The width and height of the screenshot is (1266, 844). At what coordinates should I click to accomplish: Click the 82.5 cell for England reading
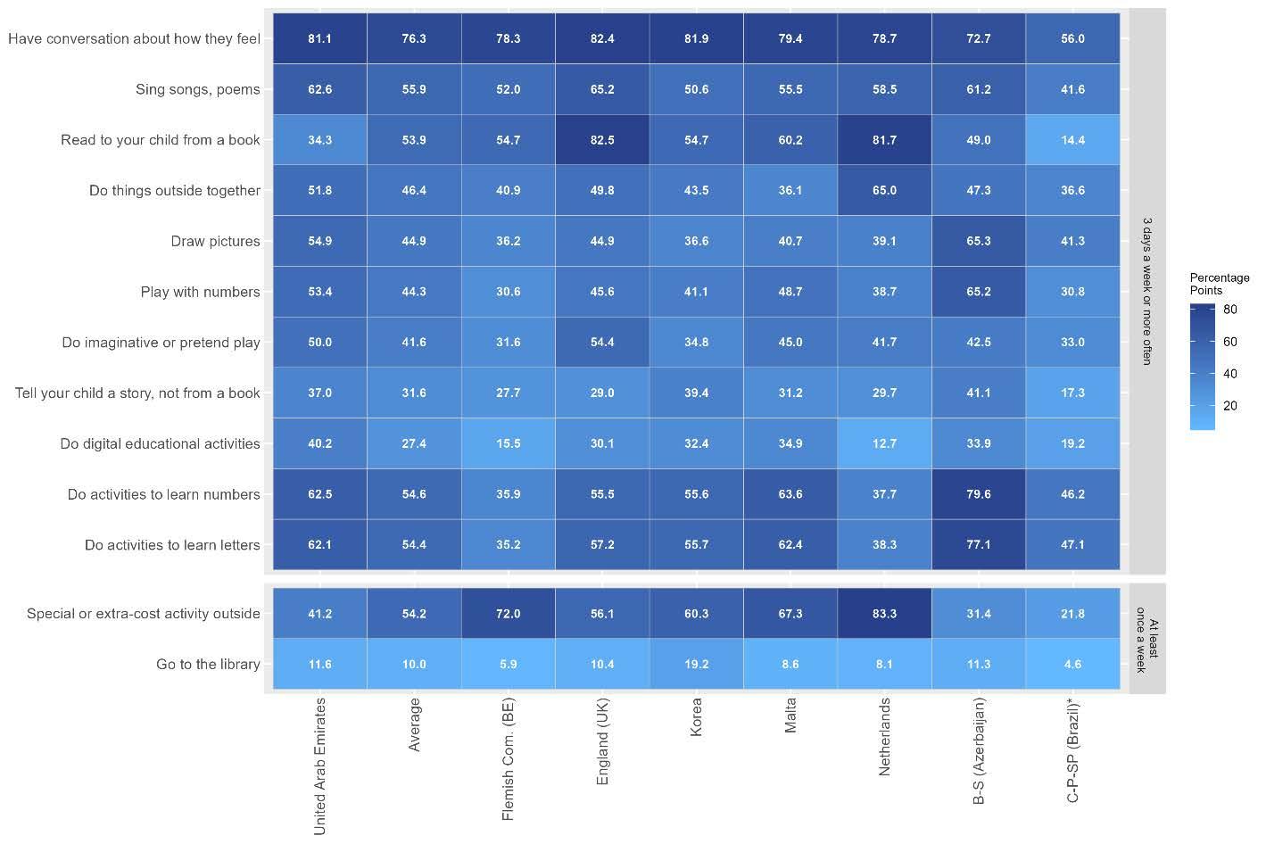[602, 140]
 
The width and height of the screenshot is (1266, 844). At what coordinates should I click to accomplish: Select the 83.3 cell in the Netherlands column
[884, 613]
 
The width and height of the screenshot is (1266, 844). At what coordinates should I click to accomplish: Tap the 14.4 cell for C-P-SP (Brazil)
[1072, 140]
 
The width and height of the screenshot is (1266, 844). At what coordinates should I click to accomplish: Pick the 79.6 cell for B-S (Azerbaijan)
[979, 494]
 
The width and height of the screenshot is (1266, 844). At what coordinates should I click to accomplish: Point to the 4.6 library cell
[1072, 665]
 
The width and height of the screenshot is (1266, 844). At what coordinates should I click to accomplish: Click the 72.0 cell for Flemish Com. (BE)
[509, 613]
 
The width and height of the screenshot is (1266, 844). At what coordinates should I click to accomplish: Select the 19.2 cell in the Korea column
[696, 665]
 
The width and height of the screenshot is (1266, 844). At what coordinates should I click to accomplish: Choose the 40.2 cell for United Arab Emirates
[320, 443]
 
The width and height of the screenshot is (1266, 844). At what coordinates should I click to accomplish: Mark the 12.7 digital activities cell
[884, 443]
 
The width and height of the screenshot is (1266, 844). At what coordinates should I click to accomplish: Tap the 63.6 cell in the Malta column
[790, 494]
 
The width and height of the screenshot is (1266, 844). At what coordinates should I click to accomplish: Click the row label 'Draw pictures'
[215, 242]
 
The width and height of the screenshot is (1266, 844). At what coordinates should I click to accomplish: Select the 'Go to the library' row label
[208, 665]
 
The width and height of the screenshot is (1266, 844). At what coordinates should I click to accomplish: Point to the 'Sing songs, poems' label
[198, 89]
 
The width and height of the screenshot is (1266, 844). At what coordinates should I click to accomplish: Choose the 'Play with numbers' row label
[200, 292]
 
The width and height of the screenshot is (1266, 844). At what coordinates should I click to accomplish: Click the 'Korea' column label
[696, 717]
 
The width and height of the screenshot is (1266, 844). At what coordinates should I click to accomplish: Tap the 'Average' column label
[414, 724]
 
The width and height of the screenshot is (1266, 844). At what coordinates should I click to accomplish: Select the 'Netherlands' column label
[884, 737]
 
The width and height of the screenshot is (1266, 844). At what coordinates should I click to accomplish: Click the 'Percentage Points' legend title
[1219, 284]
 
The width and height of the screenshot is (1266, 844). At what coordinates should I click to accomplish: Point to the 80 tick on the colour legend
[1229, 310]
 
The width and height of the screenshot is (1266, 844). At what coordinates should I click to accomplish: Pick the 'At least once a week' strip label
[1147, 640]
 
